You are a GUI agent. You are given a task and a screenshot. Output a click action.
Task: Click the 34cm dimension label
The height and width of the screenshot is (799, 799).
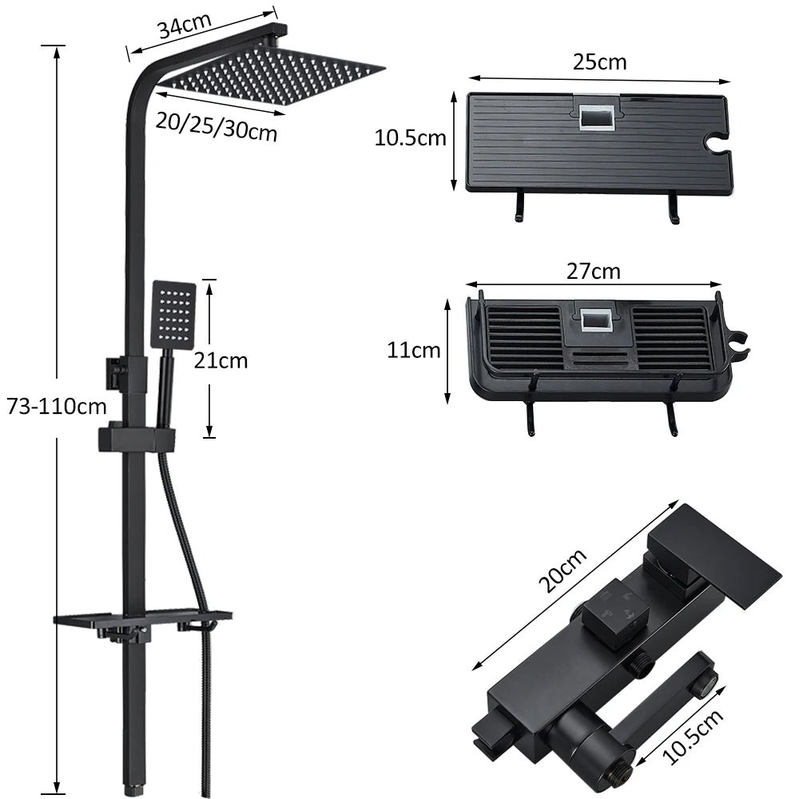pos(181,27)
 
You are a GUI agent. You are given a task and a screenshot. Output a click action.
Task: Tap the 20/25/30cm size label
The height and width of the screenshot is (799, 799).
pos(217,125)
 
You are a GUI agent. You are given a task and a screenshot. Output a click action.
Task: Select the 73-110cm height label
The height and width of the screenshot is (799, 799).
pos(56,406)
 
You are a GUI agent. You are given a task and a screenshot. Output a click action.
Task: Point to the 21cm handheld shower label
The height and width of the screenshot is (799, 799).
pos(221,360)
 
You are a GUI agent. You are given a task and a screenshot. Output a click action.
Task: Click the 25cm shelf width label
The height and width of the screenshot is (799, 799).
pos(599,62)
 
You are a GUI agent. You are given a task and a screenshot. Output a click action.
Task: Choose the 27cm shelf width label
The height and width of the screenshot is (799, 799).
pos(593,272)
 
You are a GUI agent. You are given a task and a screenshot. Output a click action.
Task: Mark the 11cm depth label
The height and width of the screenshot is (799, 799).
pos(414,350)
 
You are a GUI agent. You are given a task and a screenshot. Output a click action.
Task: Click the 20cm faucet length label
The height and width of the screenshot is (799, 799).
pos(562,570)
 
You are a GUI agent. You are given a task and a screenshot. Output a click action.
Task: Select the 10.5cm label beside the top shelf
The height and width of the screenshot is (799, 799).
pos(410,138)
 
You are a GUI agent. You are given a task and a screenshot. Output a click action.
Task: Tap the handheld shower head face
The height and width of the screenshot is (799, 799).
pos(173,314)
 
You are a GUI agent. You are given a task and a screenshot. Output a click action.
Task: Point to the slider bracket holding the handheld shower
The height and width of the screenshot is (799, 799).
pos(137,438)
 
